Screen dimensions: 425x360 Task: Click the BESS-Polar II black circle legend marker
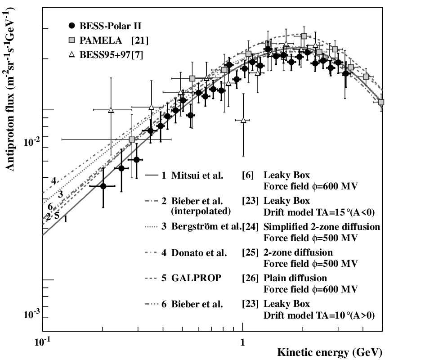click(72, 26)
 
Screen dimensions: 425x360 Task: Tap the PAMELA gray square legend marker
click(72, 40)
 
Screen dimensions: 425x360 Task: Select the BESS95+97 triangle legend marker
click(72, 54)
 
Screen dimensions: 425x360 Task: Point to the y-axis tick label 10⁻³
click(32, 314)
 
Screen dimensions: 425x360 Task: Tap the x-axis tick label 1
click(242, 342)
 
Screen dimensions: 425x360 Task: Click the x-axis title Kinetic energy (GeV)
click(330, 352)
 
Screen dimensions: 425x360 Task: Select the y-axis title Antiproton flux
click(10, 132)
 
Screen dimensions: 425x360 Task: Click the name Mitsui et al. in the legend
click(197, 175)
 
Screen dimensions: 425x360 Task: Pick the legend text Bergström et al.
click(206, 226)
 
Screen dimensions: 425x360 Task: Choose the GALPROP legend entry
click(196, 278)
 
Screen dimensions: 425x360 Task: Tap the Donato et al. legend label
click(199, 252)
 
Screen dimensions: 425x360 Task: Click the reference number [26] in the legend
click(250, 278)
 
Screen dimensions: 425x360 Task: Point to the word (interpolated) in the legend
click(201, 211)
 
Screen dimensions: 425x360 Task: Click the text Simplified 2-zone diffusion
click(322, 226)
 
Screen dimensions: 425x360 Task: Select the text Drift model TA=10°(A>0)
click(319, 315)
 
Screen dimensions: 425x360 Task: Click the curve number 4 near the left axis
click(54, 181)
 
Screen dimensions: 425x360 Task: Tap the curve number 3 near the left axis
click(60, 194)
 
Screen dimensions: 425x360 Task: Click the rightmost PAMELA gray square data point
click(381, 102)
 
